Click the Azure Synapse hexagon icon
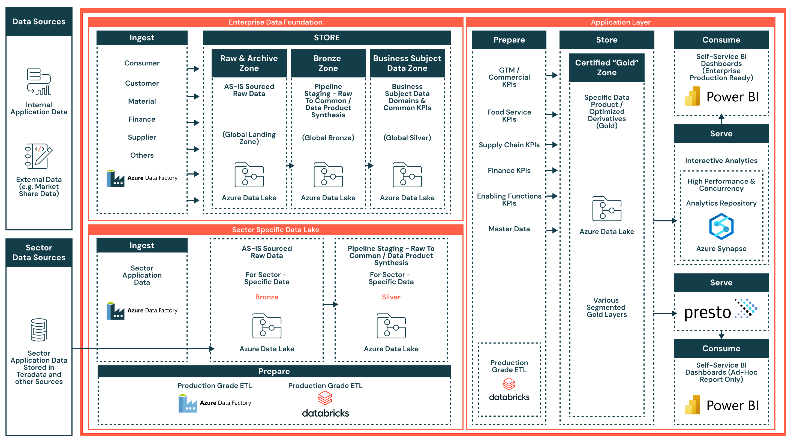[721, 227]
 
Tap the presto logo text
[707, 312]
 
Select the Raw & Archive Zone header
[249, 63]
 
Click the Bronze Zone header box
[328, 63]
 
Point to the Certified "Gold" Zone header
[606, 68]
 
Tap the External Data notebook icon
[38, 156]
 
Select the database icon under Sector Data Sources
[39, 330]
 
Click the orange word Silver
[391, 297]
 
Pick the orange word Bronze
[267, 297]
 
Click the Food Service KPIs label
[509, 116]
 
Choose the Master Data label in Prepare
[509, 229]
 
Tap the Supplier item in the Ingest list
[142, 137]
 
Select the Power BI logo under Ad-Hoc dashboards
[721, 405]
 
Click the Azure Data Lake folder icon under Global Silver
[407, 175]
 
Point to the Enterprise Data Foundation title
[275, 22]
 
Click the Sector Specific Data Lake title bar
[275, 230]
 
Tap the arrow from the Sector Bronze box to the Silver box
[330, 305]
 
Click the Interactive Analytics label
[721, 161]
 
